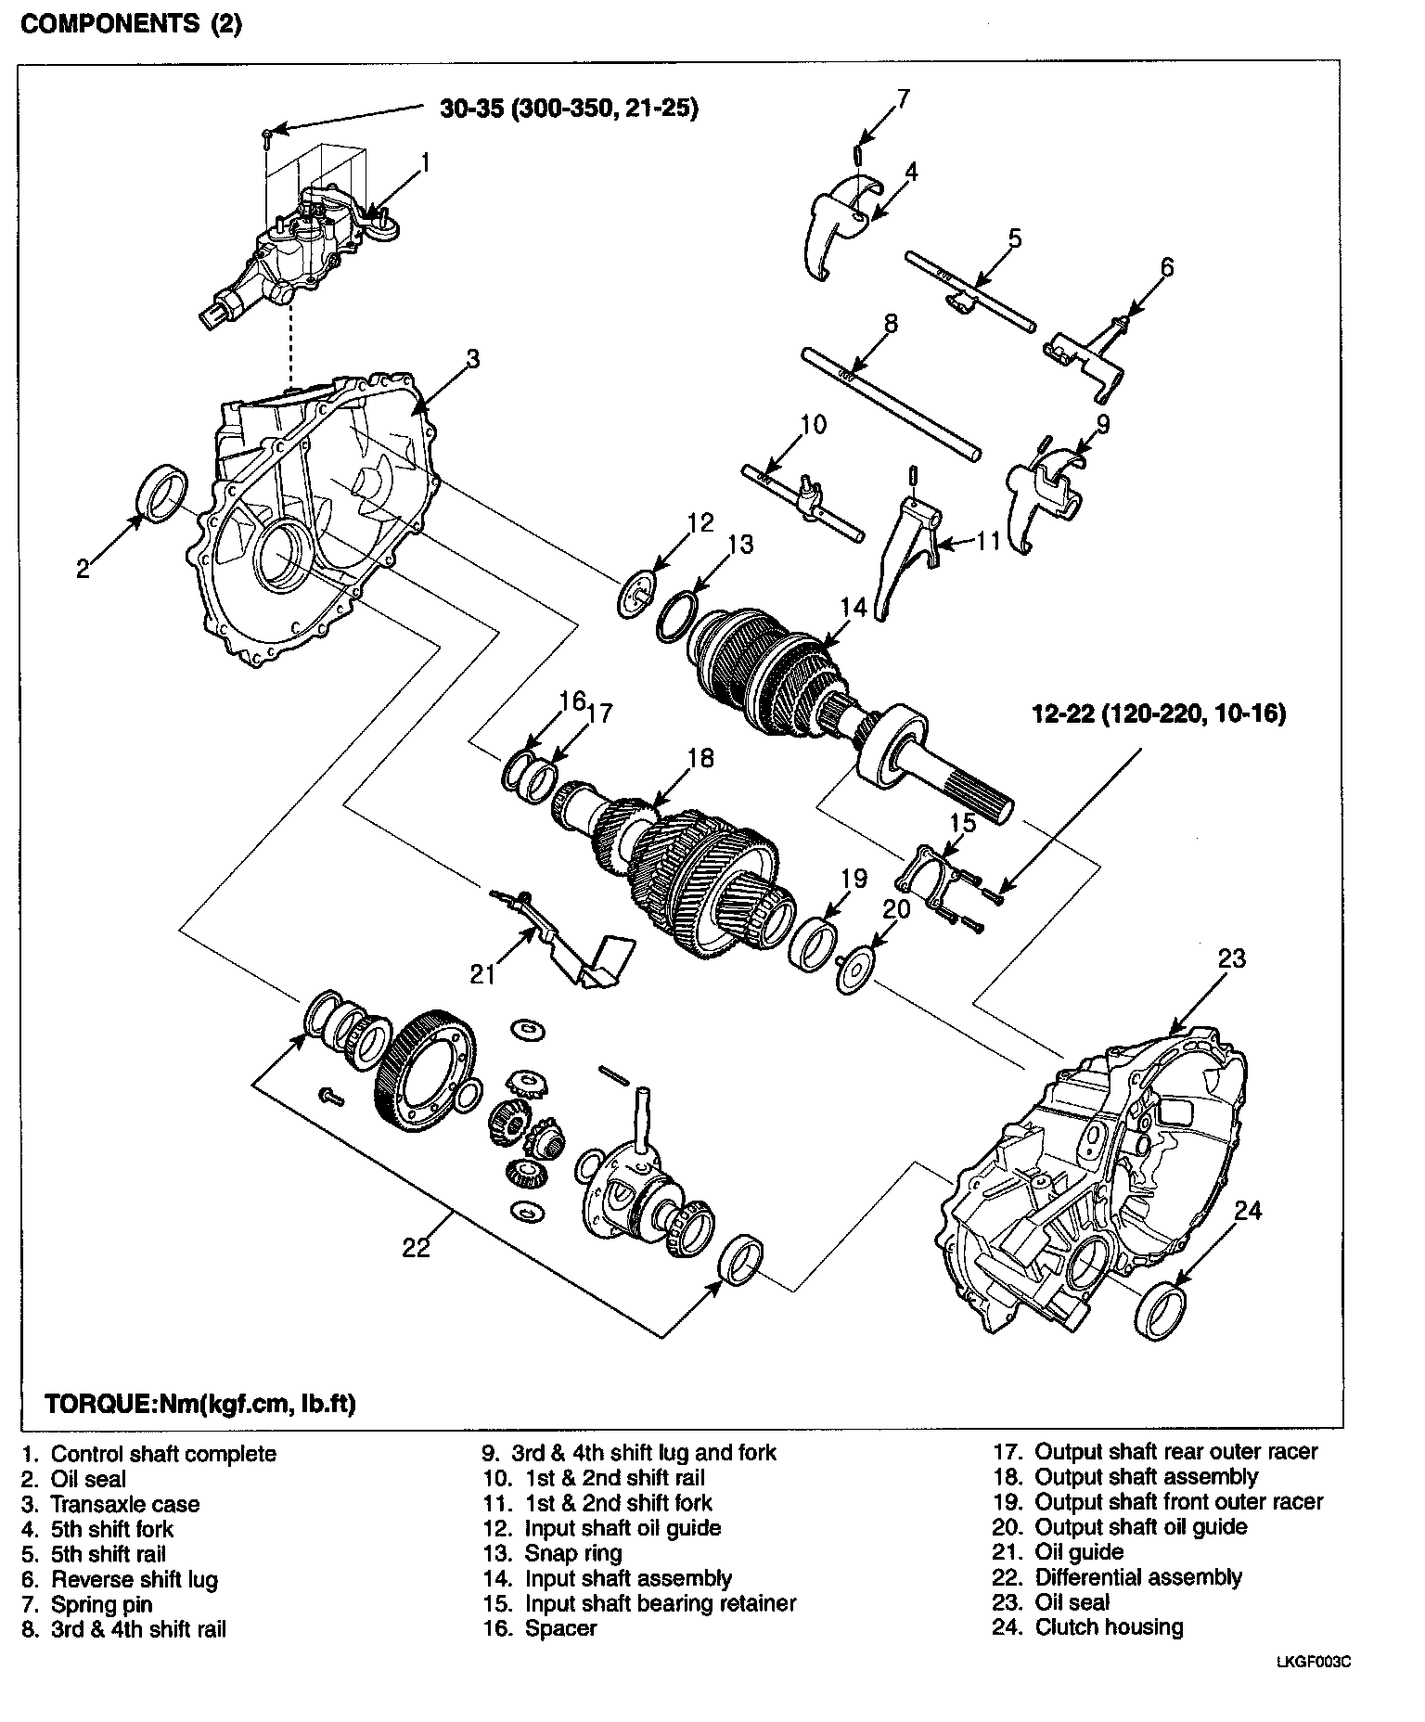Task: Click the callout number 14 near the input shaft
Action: point(853,608)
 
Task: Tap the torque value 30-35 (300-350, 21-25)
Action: point(569,109)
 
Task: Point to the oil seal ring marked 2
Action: point(162,491)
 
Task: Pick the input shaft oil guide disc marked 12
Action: point(635,597)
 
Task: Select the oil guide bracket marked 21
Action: point(575,946)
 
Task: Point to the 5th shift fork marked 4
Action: point(835,227)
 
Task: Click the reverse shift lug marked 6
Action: point(1090,357)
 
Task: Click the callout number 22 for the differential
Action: point(417,1248)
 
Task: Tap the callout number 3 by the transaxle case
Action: point(472,359)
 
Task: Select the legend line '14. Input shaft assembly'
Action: point(607,1578)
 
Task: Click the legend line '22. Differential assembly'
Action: point(1117,1577)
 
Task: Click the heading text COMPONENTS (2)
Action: point(131,24)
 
